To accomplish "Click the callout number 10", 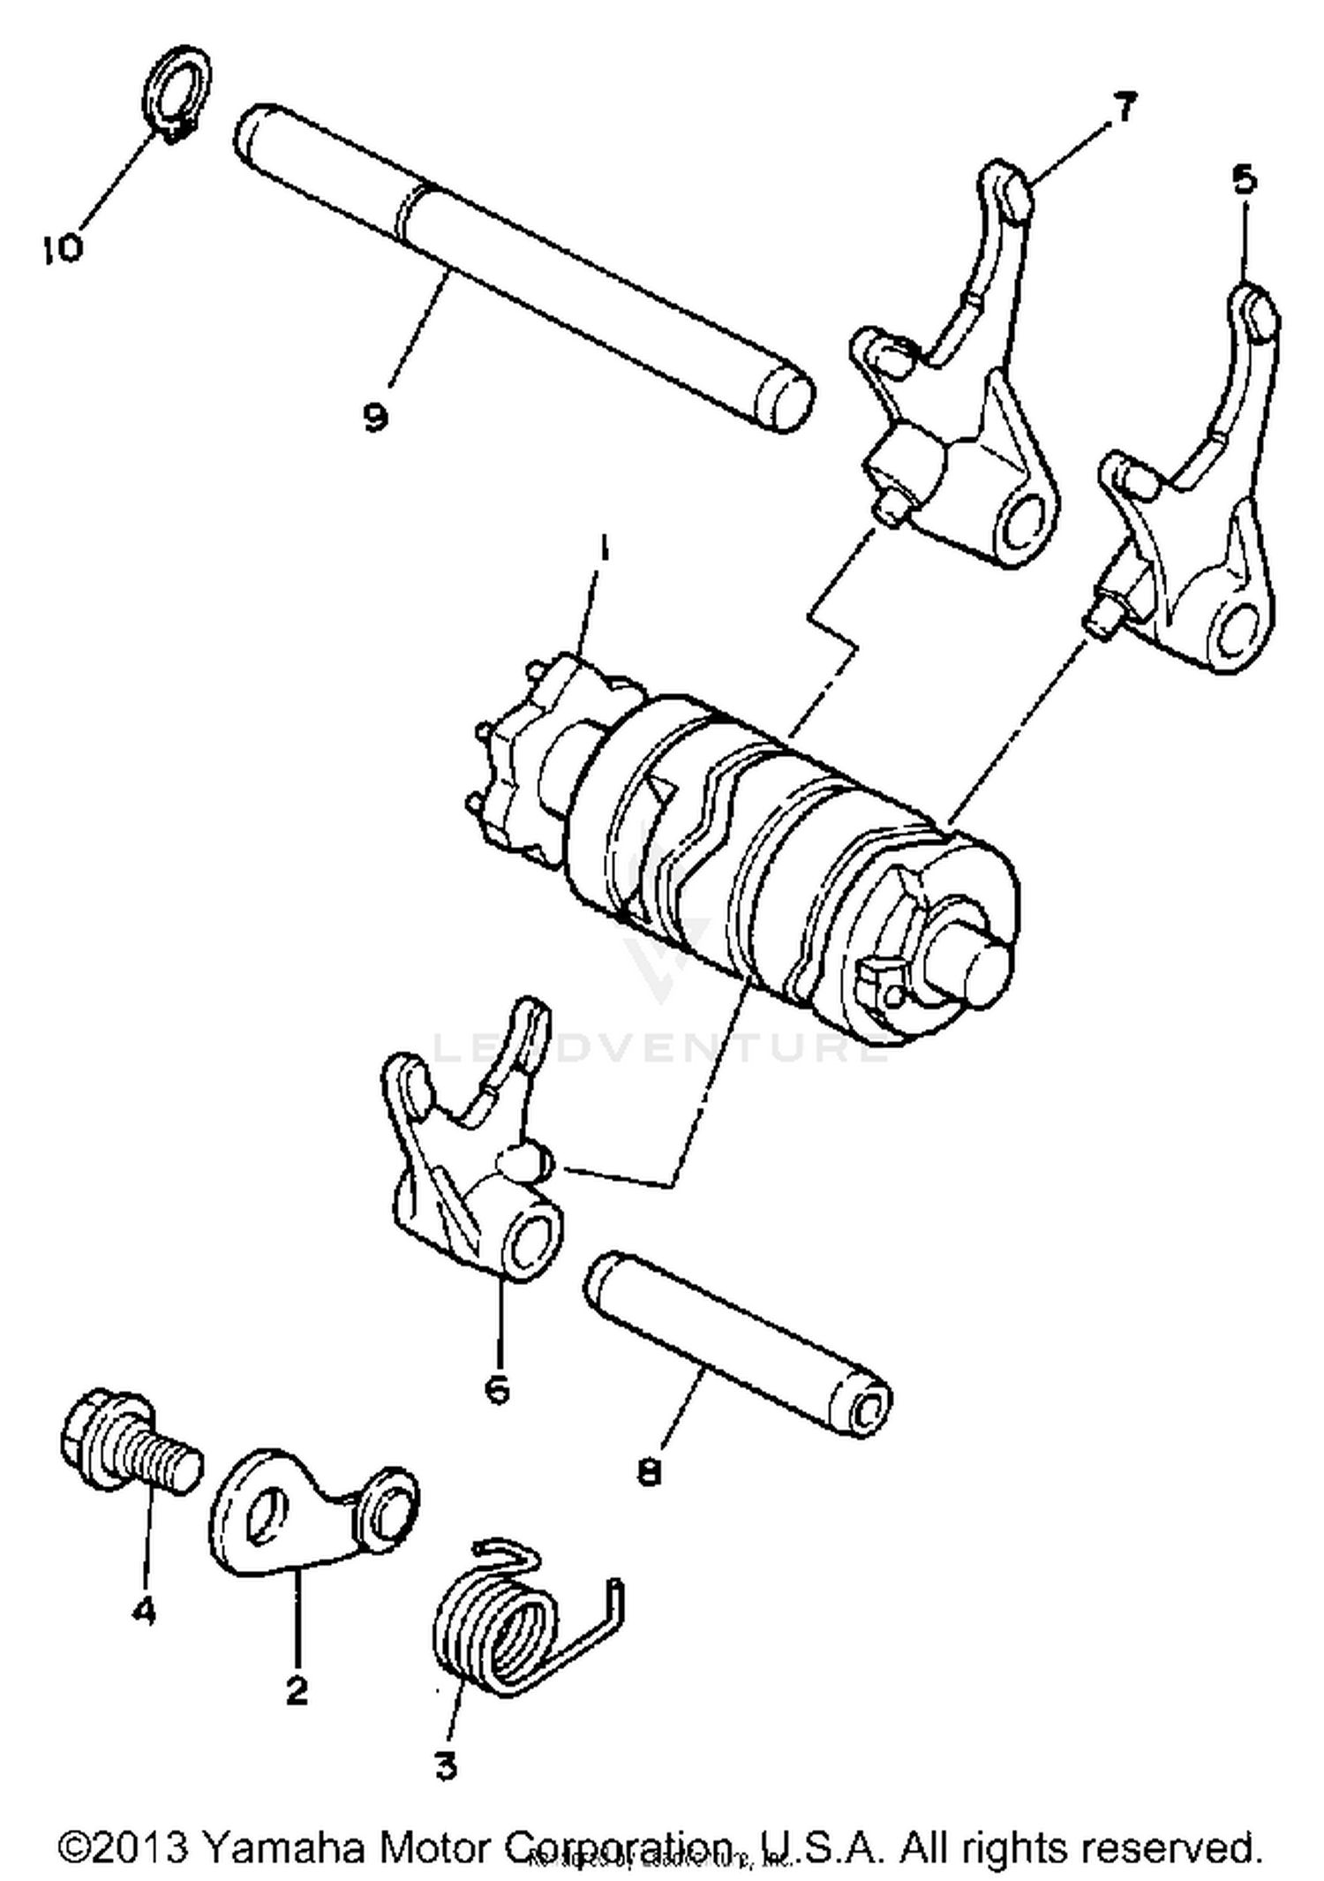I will point(62,247).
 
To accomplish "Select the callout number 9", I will point(376,415).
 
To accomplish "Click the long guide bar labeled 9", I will point(521,265).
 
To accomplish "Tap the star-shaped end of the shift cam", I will point(516,759).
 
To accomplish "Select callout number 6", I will point(497,1388).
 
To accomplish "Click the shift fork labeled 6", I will point(468,1166).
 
